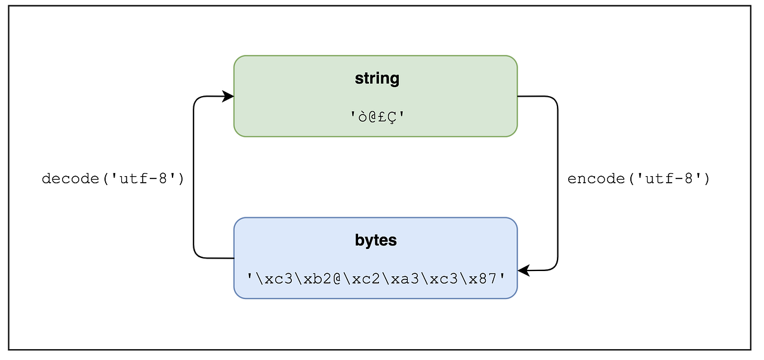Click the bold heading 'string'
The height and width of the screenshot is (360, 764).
(x=377, y=79)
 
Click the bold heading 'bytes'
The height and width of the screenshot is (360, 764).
(x=375, y=241)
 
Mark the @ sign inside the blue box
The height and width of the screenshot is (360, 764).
(x=337, y=278)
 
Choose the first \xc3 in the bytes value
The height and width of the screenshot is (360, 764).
(x=268, y=278)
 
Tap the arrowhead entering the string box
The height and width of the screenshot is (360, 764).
(x=228, y=96)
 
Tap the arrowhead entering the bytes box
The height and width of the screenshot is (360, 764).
(x=523, y=270)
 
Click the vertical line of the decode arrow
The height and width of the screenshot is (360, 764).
(x=193, y=179)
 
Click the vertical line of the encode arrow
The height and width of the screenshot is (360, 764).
(x=557, y=179)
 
